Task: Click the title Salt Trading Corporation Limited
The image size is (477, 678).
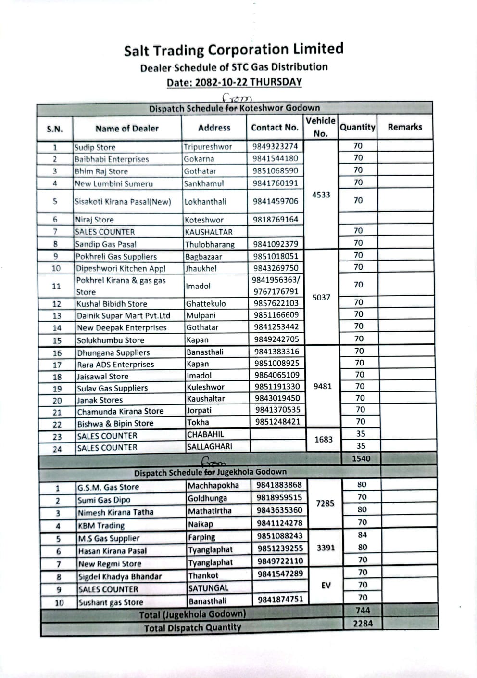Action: pos(234,50)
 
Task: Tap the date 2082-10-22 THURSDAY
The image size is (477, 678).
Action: pos(234,82)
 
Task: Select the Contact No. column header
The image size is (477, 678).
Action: pos(275,128)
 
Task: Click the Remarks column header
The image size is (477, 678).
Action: pos(404,127)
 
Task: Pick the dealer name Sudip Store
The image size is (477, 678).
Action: pos(95,147)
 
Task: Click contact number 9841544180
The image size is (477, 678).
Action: pos(276,158)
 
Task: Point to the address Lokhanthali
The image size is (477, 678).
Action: pos(205,202)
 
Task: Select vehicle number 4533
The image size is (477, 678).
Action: pos(321,195)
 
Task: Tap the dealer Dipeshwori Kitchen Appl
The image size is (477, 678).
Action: pos(121,268)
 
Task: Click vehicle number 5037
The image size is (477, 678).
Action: pos(321,298)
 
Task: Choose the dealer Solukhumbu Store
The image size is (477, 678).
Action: pos(111,340)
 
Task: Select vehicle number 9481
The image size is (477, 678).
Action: pos(322,386)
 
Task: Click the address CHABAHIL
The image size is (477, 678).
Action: pos(206,434)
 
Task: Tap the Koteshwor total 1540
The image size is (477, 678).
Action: pos(361,459)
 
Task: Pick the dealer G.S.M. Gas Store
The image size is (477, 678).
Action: pos(108,487)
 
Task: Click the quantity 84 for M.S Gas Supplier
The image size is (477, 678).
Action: pos(362,535)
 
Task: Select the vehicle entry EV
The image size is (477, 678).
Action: pos(326,586)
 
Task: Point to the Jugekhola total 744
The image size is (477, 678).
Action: pos(362,611)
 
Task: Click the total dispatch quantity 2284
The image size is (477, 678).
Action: pos(362,623)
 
